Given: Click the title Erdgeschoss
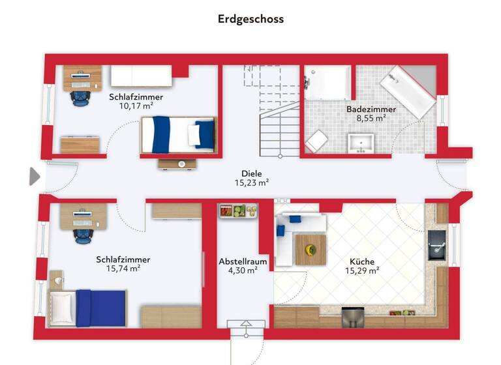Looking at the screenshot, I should [x=250, y=19].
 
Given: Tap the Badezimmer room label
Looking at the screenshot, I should [x=366, y=109].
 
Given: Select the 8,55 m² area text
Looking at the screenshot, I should [x=366, y=119].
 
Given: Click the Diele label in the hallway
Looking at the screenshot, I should [x=251, y=173].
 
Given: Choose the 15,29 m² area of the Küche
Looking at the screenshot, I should [x=362, y=270].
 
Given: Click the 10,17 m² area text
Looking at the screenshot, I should [x=136, y=106].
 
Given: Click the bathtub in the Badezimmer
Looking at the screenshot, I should [x=408, y=92].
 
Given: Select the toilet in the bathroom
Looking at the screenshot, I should [x=317, y=141].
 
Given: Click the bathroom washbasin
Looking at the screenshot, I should [x=361, y=142].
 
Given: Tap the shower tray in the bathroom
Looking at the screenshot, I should [x=328, y=83].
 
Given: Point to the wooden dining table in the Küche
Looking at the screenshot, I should [x=311, y=249].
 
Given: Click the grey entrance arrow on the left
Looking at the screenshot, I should [x=35, y=176].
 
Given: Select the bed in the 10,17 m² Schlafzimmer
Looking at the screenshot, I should [x=177, y=134].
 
